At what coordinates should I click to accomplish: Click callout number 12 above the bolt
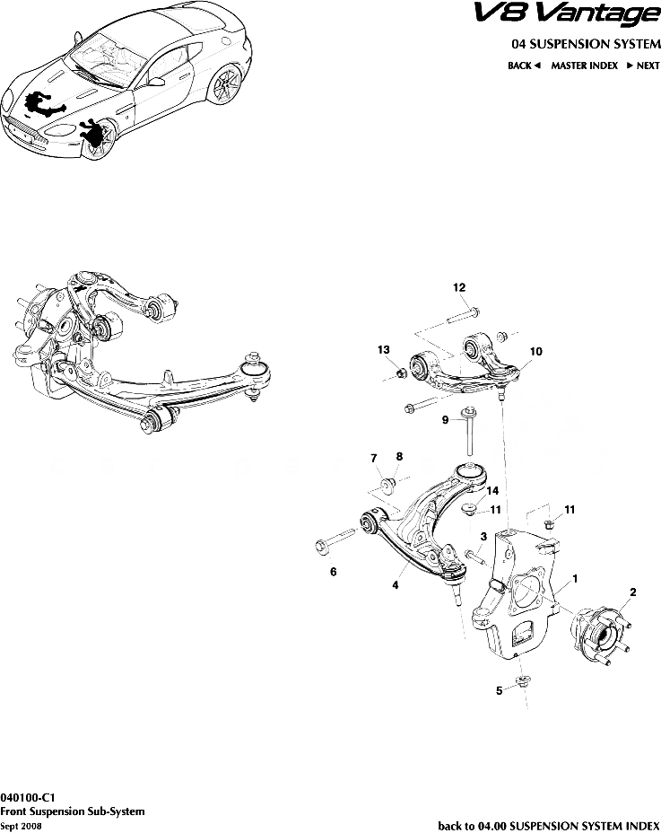[459, 287]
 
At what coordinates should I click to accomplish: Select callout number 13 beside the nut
[383, 348]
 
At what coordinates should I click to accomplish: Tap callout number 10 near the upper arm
[535, 352]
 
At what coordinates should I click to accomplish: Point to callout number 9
[445, 419]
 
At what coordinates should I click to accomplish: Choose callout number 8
[399, 456]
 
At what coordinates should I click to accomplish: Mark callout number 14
[492, 491]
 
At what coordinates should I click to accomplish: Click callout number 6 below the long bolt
[334, 572]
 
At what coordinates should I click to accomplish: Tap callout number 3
[483, 536]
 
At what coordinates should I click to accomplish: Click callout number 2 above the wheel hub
[632, 592]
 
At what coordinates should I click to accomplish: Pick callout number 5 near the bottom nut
[500, 691]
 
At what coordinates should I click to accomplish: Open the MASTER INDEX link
[584, 66]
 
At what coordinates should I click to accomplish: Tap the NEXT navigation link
[642, 66]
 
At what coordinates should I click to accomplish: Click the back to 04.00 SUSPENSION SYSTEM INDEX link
[548, 825]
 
